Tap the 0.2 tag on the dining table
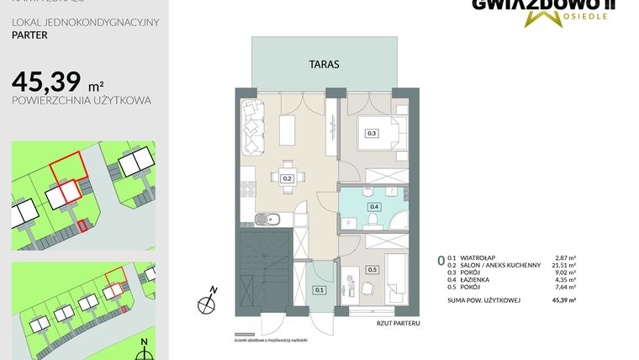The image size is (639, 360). [x=287, y=178]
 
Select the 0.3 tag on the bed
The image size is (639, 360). [x=372, y=133]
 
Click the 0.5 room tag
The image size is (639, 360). [x=372, y=270]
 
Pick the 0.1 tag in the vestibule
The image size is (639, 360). [x=319, y=290]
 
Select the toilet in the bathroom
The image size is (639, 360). [x=371, y=221]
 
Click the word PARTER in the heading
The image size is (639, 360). [x=29, y=36]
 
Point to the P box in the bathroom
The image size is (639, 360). [x=349, y=222]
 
